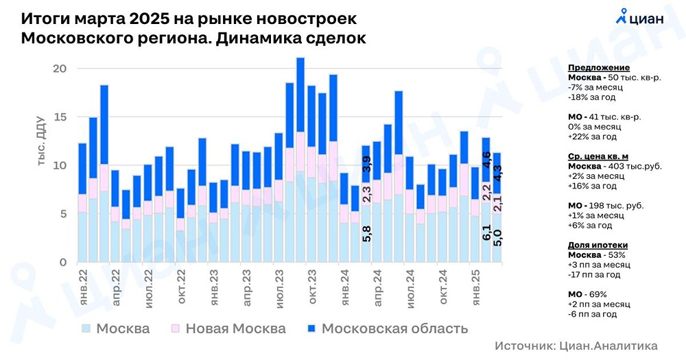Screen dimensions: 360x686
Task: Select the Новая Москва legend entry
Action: tap(227, 328)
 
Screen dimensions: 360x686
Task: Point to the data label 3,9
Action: tap(366, 165)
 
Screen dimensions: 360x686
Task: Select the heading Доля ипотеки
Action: tap(598, 245)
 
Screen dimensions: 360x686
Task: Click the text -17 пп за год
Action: tap(594, 274)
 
